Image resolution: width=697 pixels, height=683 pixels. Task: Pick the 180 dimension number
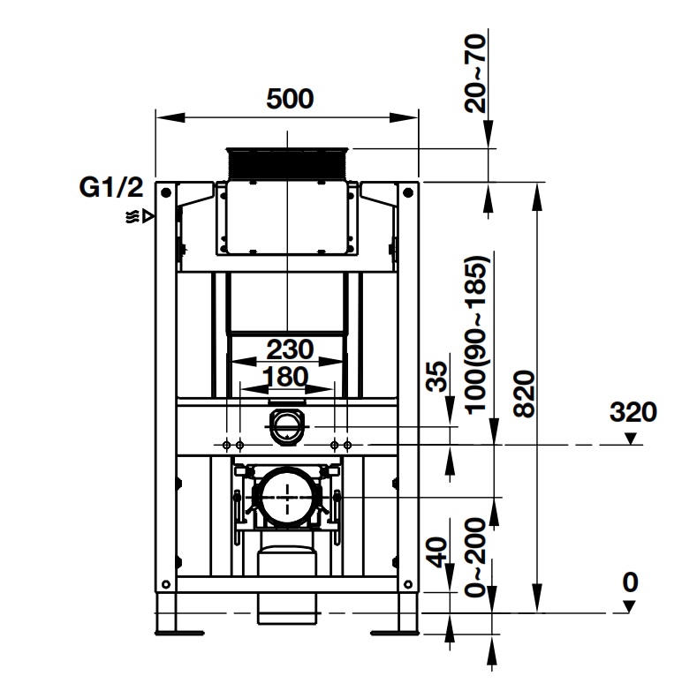pos(287,377)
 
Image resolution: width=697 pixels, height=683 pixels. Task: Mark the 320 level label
pos(633,412)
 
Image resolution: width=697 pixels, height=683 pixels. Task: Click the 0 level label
pos(629,582)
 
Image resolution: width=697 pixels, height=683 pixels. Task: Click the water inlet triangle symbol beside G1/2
pos(148,214)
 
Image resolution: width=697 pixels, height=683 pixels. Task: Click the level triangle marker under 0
pos(628,606)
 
